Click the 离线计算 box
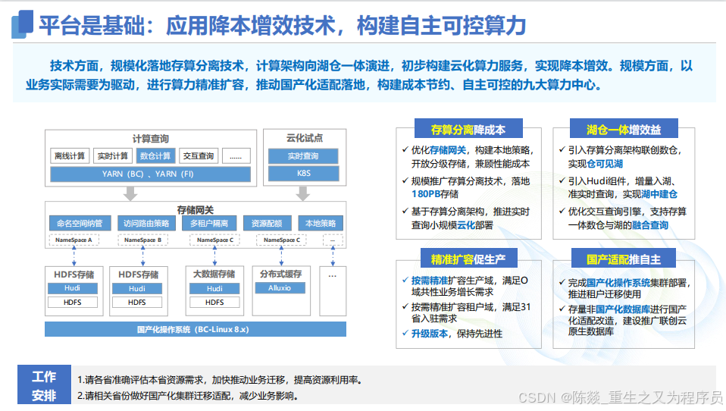coord(70,156)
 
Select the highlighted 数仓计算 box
coord(155,156)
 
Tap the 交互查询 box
coord(198,156)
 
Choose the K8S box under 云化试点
coord(302,174)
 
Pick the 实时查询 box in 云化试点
coord(302,156)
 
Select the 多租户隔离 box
coord(208,224)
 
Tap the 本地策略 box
coord(321,224)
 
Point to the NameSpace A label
coord(74,240)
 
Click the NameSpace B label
coord(142,240)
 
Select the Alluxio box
coord(279,288)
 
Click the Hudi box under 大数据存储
coord(214,288)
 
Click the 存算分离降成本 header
coord(468,130)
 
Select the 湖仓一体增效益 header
coord(623,130)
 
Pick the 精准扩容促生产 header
coord(468,259)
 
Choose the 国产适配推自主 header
coord(623,259)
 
